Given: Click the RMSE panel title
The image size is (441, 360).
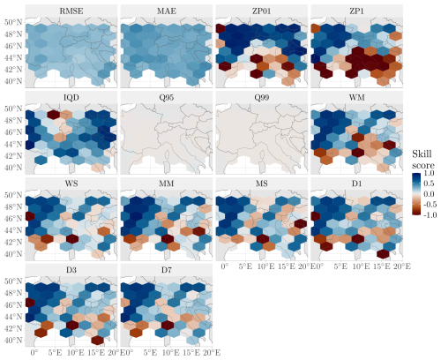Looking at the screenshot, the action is pos(71,11).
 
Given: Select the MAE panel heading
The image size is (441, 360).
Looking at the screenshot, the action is pos(167,11).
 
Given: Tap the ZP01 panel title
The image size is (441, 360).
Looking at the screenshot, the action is pos(262,11).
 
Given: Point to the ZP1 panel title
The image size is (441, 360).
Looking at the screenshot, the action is pos(357,11).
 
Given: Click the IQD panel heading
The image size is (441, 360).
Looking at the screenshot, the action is pos(71,97).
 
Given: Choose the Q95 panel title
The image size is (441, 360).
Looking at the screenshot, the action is pos(167,97).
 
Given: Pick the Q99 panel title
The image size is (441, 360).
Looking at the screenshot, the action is pos(262,97).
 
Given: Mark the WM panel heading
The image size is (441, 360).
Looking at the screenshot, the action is pos(357,97).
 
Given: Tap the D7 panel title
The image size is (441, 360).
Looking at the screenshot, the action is pos(167,270).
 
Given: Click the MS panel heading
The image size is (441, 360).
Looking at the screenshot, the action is pos(262,184).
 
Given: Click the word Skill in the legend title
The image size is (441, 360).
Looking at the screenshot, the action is pos(422,154).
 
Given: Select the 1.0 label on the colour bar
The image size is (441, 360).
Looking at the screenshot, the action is pos(429,173).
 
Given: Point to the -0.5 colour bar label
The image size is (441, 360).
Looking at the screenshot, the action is pos(429,205).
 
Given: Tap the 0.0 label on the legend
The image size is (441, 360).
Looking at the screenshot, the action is pos(429,194).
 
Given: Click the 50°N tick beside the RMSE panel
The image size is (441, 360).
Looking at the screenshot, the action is pos(13,22).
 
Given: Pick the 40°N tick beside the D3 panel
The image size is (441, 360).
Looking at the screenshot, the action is pos(13,341).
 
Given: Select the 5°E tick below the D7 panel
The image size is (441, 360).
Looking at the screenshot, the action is pos(150,352).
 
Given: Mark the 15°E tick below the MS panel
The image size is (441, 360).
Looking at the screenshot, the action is pos(286,266).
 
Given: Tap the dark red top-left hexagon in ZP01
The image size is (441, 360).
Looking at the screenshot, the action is pos(220,28).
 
